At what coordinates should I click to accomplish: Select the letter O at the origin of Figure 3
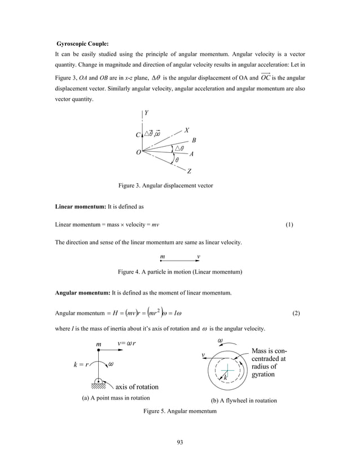tap(138, 152)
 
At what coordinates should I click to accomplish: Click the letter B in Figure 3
tap(194, 140)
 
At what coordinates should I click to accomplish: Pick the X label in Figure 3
tap(187, 130)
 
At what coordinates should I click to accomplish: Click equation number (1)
tap(289, 225)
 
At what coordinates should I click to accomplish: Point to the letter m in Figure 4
tap(163, 257)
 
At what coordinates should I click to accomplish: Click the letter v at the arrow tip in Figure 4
tap(198, 257)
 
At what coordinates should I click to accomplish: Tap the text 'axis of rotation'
tap(137, 387)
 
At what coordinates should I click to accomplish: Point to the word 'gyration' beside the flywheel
tap(264, 374)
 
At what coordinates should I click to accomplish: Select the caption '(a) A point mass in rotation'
tap(112, 398)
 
